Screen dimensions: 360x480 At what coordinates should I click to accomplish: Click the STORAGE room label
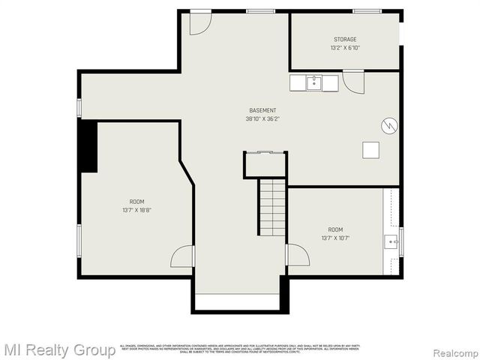coord(345,39)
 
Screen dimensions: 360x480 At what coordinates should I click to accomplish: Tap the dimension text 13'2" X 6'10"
coord(345,48)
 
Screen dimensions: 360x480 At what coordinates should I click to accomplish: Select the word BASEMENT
coord(262,110)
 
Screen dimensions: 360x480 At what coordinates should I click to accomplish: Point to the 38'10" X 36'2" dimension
coord(262,118)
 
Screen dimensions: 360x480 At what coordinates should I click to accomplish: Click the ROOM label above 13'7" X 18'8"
coord(136,201)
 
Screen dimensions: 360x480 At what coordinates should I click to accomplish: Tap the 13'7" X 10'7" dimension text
coord(335,238)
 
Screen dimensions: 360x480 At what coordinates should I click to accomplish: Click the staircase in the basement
coord(272,207)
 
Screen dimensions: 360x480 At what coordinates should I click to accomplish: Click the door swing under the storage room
coord(352,81)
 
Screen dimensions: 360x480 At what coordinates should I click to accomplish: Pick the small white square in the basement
coord(370,150)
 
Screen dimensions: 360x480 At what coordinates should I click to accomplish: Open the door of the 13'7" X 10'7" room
coord(298,255)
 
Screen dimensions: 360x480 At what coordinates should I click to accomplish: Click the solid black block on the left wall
coord(88,146)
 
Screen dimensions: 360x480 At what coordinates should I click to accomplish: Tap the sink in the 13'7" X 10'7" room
coord(391,241)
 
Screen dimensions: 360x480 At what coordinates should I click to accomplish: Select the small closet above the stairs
coord(265,165)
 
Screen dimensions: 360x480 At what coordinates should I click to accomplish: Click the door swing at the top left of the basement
coord(199,22)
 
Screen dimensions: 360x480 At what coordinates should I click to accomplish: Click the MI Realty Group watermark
coord(58,349)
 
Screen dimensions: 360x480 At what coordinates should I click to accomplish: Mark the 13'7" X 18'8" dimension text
coord(136,210)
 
